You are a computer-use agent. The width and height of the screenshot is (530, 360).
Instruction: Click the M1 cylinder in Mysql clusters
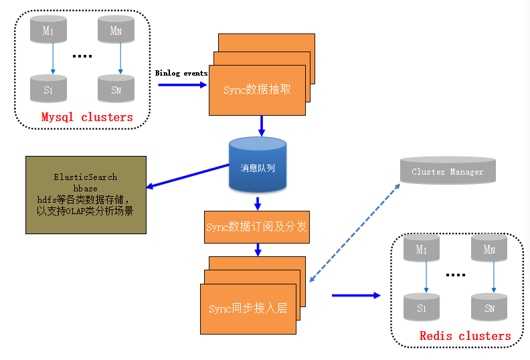click(48, 29)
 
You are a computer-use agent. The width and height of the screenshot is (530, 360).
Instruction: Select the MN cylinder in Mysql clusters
click(116, 29)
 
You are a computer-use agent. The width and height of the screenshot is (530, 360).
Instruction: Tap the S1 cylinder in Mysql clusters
click(48, 88)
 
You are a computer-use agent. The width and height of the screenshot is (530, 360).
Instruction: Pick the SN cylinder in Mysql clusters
click(116, 88)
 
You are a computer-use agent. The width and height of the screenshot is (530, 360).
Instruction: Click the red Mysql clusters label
click(87, 117)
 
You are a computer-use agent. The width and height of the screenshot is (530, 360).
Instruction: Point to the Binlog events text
click(181, 73)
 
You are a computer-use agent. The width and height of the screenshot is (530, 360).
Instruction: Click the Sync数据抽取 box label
click(257, 90)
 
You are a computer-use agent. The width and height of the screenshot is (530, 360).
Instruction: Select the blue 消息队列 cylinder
click(258, 165)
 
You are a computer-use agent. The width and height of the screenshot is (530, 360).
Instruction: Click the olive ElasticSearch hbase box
click(86, 195)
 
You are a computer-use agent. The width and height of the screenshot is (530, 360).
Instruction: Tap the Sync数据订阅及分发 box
click(257, 227)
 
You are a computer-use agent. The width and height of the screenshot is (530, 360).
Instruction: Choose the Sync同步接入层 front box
click(248, 309)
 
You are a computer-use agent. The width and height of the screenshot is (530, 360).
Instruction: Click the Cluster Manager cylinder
click(448, 171)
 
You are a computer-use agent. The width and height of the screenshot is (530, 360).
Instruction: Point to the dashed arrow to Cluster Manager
click(355, 233)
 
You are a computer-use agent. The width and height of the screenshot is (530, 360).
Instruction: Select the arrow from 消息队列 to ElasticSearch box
click(187, 176)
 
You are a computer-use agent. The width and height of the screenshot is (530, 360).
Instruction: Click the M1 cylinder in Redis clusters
click(422, 248)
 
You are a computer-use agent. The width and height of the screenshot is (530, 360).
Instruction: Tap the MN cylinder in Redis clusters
click(489, 248)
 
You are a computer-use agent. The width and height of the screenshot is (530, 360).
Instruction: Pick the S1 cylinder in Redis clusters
click(422, 307)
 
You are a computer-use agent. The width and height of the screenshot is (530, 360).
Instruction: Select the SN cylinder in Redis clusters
click(489, 307)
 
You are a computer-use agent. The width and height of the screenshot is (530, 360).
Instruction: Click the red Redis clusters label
click(465, 336)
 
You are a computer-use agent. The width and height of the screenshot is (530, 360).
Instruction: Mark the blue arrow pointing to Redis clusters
click(356, 296)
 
